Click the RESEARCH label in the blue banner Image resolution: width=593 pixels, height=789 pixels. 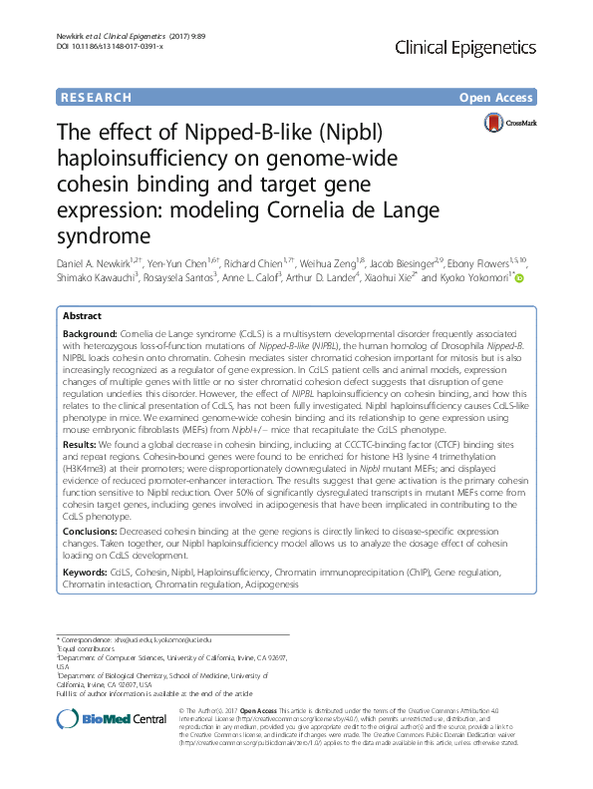coord(96,98)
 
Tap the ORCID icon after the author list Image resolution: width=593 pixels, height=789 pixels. coord(519,278)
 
